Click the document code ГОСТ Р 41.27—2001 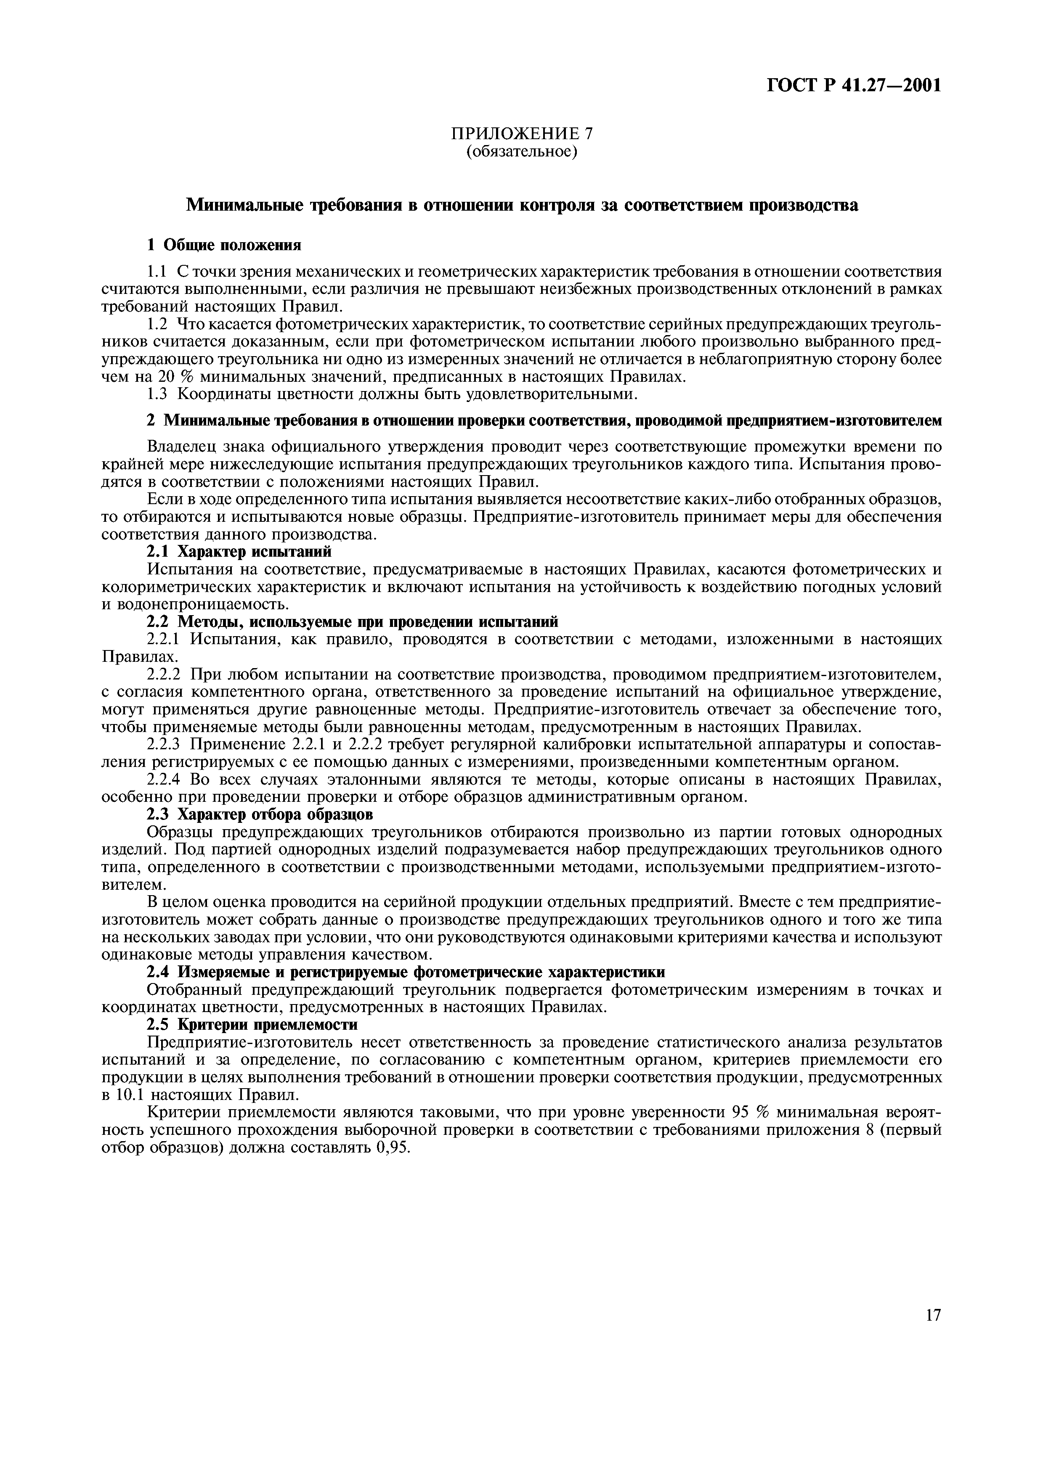point(854,85)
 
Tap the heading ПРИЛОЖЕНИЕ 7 point(521,134)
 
